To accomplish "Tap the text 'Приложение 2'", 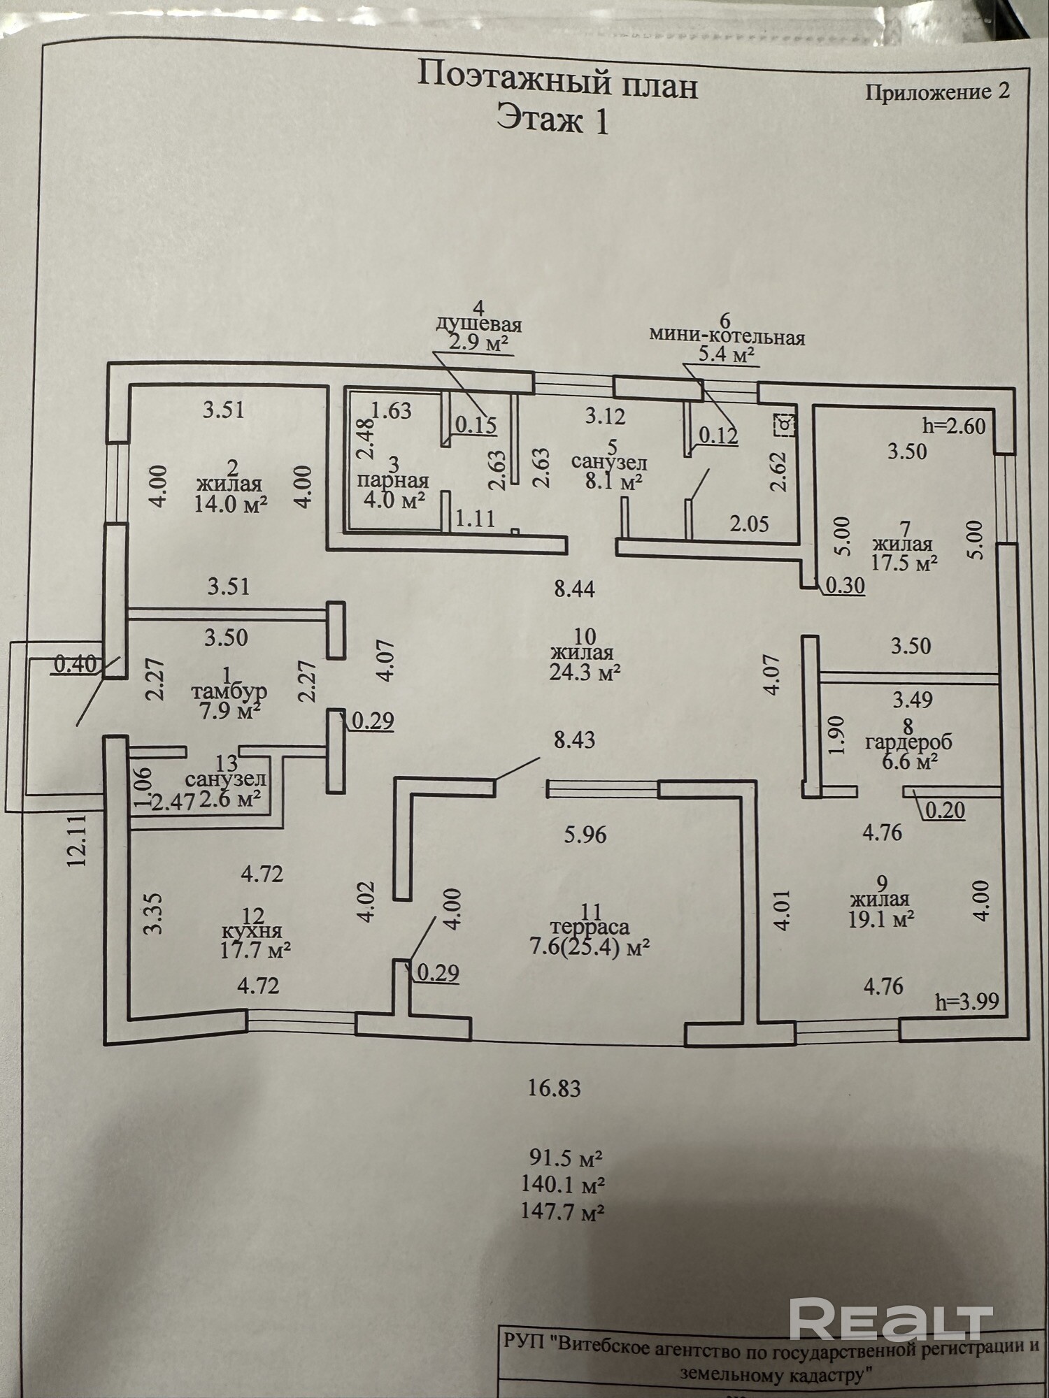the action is pos(938,92).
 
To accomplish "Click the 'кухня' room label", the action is pos(252,932).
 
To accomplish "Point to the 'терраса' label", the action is pos(590,928).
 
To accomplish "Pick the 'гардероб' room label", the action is pos(908,742).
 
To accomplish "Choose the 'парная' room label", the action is pos(392,482).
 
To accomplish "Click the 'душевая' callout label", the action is pos(479,325).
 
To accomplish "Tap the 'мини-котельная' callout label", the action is pos(727,337).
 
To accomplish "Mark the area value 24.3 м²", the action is pos(585,672).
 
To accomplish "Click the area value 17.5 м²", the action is pos(904,563).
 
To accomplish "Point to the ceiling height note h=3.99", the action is pos(967,1002).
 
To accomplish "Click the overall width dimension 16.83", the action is pos(555,1088).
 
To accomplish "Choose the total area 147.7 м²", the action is pos(562,1211).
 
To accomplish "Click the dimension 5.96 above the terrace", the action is pos(585,835).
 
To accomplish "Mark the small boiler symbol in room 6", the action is pos(784,424).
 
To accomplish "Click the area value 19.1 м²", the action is pos(881,920).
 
